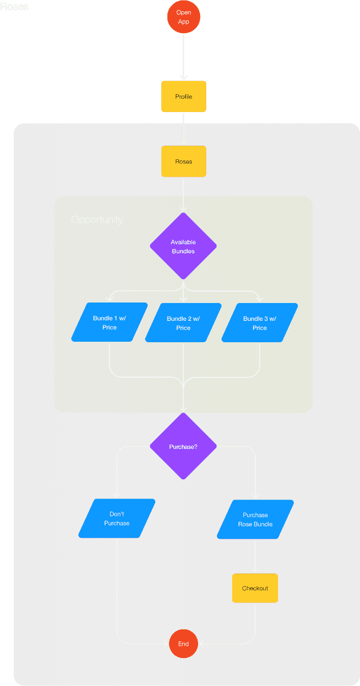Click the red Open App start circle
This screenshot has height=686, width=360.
183,17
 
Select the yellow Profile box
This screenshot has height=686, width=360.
183,96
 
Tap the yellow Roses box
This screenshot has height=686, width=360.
183,161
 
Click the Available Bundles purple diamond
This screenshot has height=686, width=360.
183,246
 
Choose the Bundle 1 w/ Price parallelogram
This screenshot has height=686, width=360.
109,322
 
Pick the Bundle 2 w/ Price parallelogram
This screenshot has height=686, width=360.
183,322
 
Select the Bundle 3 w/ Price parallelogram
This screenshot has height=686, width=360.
260,322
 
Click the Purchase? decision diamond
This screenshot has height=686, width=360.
183,446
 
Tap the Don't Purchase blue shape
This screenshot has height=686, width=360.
117,518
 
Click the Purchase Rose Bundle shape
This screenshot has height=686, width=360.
255,519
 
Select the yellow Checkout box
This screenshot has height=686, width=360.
255,588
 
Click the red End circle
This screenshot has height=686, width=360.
183,644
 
